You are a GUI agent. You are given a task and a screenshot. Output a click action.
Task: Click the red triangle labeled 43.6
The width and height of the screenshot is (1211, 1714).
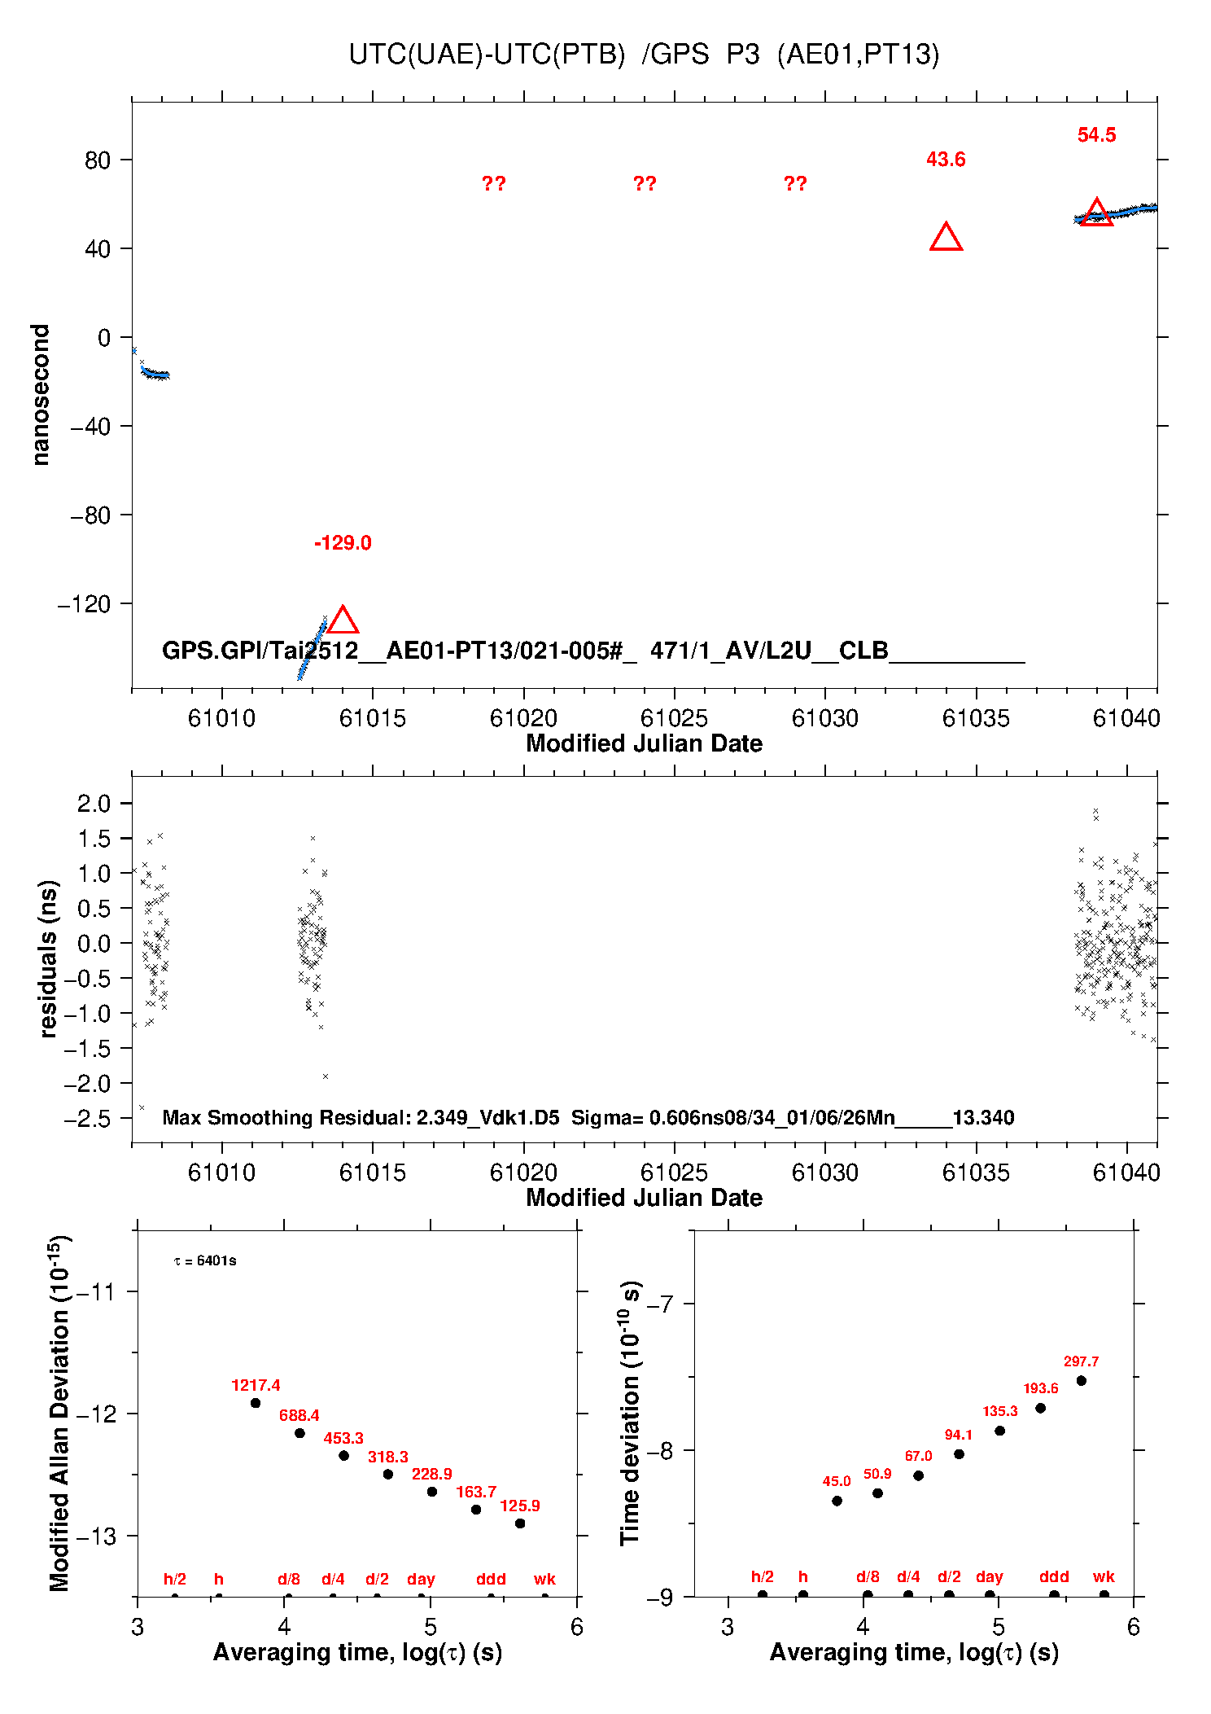[x=946, y=238]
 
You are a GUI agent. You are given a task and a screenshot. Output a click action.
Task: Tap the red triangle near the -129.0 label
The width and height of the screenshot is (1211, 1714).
[x=343, y=620]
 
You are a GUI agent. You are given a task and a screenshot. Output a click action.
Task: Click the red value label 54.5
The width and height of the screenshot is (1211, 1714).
[x=1096, y=135]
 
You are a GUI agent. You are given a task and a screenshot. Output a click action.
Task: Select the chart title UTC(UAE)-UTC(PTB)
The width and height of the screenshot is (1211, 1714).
[x=487, y=55]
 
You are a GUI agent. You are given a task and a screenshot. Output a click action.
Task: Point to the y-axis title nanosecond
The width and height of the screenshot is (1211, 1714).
[x=40, y=395]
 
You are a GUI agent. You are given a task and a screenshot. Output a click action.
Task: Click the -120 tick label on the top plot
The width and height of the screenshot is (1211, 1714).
[x=84, y=604]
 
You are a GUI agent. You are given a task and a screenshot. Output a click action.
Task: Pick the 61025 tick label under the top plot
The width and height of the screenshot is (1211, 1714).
[x=674, y=718]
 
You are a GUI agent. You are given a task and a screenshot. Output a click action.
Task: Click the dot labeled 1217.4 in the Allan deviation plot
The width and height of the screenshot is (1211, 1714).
[x=256, y=1403]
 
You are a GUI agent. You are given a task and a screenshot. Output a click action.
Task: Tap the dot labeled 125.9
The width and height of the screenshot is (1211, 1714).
[x=520, y=1523]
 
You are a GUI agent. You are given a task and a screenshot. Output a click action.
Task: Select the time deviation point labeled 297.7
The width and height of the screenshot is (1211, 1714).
[x=1081, y=1381]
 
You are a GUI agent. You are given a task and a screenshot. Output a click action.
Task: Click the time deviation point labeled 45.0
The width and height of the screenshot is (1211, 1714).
[x=837, y=1501]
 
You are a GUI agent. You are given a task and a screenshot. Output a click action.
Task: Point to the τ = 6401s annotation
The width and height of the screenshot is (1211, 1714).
[x=205, y=1261]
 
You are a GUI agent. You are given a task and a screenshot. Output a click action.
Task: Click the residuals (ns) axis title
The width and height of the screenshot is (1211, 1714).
[x=48, y=958]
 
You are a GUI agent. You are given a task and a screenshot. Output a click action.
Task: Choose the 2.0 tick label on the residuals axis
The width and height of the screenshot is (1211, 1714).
[x=94, y=804]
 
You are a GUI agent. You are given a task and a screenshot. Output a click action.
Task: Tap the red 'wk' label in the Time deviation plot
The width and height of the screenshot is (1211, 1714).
[x=1104, y=1577]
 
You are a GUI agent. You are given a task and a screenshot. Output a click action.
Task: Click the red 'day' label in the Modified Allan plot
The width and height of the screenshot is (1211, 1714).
[x=421, y=1579]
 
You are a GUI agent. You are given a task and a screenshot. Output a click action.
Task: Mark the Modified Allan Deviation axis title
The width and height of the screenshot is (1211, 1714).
[x=59, y=1413]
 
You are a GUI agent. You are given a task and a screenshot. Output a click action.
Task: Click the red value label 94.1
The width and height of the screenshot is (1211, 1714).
[x=959, y=1435]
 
